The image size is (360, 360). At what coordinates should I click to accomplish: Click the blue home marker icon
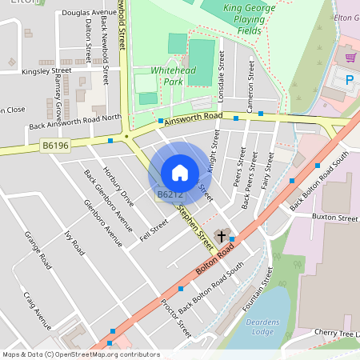(x=180, y=173)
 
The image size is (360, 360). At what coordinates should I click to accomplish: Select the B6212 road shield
(x=170, y=194)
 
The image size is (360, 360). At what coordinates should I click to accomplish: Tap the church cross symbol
(x=221, y=237)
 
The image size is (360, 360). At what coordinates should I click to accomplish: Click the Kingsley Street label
(x=46, y=70)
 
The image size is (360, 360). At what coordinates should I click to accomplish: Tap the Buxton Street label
(x=334, y=218)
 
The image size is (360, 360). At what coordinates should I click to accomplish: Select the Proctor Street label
(x=176, y=318)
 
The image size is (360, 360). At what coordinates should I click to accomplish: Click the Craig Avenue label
(x=37, y=310)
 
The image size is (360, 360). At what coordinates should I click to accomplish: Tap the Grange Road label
(x=38, y=250)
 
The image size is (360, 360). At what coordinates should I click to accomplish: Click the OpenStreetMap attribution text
(x=80, y=354)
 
